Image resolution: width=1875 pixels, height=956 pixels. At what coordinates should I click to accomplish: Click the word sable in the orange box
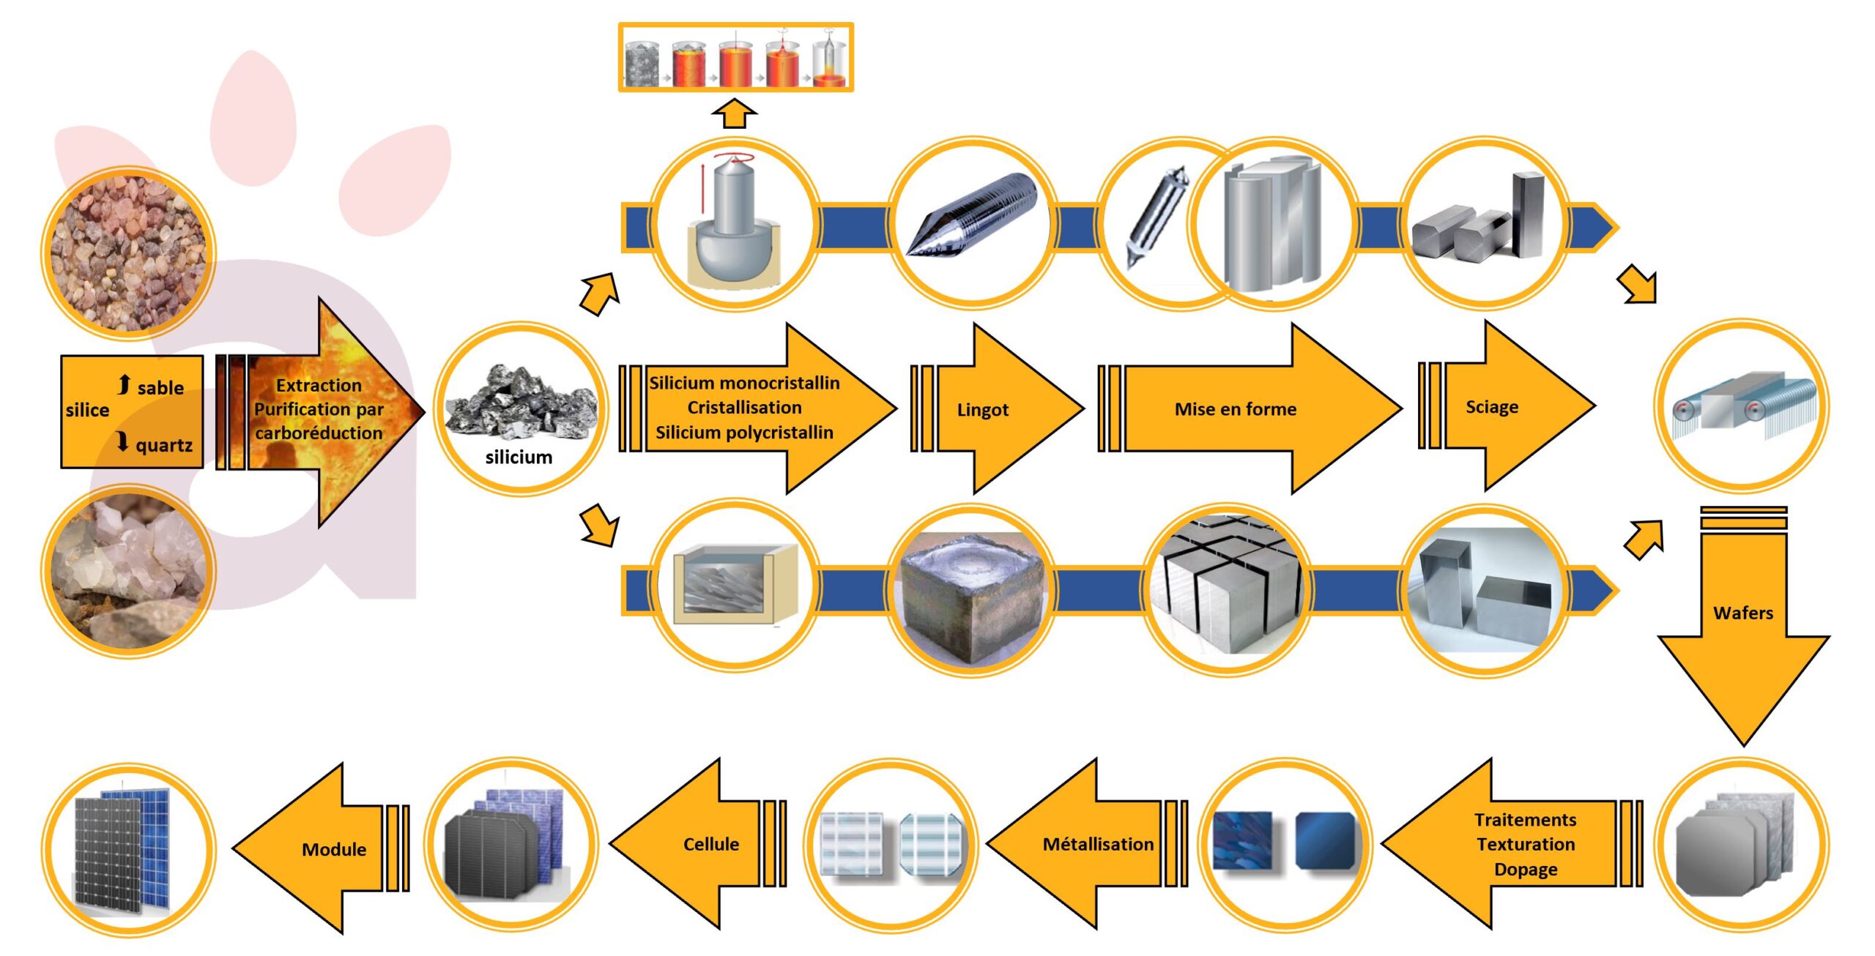pos(160,387)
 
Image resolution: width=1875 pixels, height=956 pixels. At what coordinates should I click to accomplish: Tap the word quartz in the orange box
pos(164,445)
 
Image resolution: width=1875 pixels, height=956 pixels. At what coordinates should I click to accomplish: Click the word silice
pos(87,410)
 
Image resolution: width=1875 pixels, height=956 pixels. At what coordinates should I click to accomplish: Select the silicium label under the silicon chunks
pos(519,458)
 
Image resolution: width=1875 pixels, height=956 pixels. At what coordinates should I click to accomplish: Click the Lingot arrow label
pos(982,410)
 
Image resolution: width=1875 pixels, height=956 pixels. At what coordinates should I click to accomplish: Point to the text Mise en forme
pos(1235,409)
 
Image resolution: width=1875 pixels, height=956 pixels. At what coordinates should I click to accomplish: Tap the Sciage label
pos(1491,407)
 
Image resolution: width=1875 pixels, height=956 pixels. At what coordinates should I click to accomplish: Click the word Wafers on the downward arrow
pos(1743,613)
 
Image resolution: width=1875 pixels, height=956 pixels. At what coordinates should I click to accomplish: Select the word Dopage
pos(1526,870)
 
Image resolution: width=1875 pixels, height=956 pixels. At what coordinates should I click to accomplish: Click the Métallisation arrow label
pos(1098,845)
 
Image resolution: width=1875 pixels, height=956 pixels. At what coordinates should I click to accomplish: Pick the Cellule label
pos(710,845)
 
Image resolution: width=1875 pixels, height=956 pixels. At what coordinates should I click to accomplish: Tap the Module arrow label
pos(334,850)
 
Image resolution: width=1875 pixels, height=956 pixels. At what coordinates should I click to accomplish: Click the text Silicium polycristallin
pos(744,433)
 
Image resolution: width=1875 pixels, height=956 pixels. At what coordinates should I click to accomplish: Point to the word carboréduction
pos(319,433)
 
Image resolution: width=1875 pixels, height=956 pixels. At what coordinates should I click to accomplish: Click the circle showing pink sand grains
pos(129,253)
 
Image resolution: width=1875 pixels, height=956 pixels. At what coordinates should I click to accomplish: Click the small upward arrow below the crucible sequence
pos(734,115)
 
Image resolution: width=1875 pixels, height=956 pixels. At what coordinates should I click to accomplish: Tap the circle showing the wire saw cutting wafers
pos(1743,406)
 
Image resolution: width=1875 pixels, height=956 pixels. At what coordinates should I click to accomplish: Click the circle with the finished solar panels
pos(129,849)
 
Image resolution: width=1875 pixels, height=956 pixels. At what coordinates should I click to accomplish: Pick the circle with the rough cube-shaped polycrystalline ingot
pos(972,590)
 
